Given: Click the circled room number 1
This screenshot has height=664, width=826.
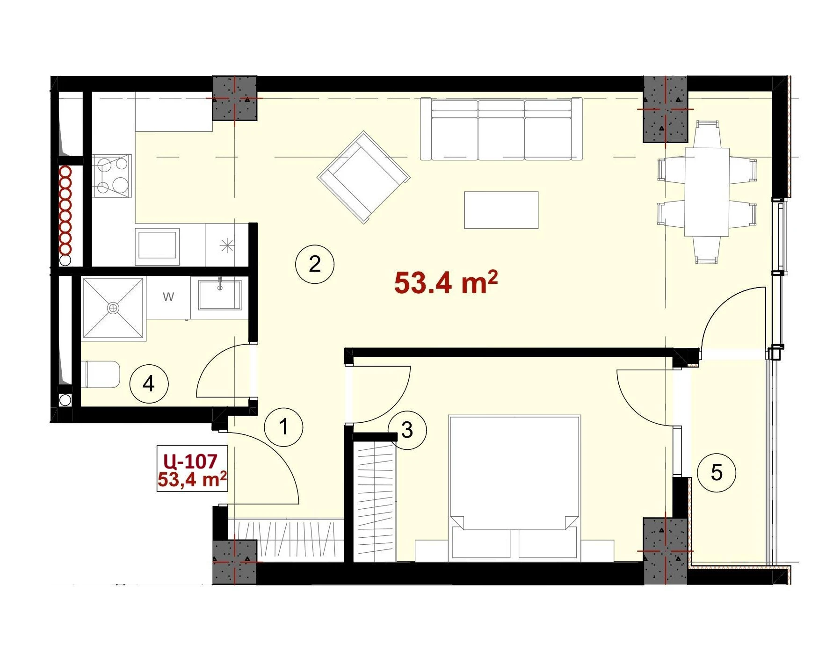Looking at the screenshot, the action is pos(283,427).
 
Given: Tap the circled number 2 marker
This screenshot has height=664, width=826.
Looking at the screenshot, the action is pos(315,264).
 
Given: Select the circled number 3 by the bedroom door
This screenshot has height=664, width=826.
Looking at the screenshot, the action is pos(407,430).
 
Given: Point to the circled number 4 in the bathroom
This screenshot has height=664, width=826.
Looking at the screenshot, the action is pos(149,384).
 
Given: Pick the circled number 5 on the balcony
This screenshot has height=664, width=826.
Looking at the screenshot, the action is pos(716,473).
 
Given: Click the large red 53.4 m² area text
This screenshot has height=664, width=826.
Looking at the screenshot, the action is pos(446,282).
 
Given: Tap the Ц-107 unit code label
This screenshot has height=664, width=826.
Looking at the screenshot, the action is pos(190,461).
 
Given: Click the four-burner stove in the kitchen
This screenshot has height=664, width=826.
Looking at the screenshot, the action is pos(112,176).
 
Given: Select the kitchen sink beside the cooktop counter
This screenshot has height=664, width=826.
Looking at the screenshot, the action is pos(158,247).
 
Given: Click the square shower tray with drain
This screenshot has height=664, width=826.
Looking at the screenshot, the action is pos(113,308).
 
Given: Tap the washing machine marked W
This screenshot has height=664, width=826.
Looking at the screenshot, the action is pos(168,297).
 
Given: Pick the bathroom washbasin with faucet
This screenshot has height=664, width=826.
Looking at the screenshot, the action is pos(219,295).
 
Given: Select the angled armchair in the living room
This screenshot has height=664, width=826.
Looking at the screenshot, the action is pos(364,177).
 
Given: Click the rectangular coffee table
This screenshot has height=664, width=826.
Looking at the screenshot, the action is pos(501,210).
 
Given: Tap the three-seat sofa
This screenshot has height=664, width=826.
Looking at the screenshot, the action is pos(501,129).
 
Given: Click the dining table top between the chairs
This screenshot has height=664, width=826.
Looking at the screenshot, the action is pos(707,192).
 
